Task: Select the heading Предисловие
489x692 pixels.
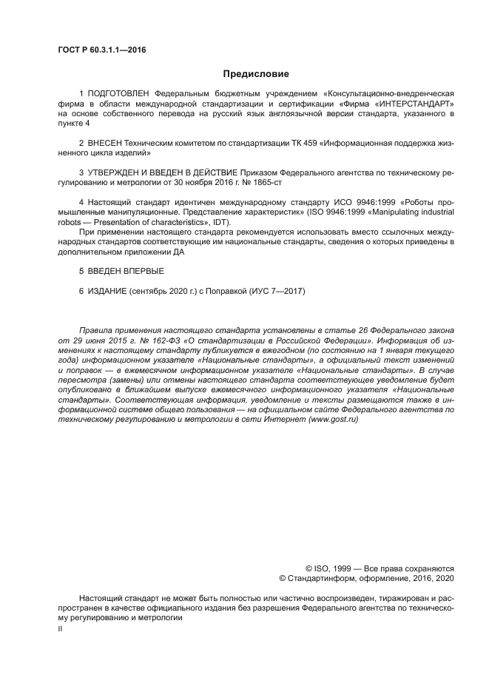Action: tap(256, 73)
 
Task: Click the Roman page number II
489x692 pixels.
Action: tap(60, 628)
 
